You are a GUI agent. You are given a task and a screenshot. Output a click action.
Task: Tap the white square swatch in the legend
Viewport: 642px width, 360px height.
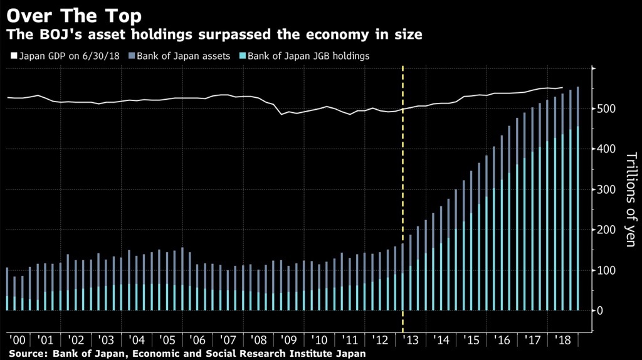click(13, 56)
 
